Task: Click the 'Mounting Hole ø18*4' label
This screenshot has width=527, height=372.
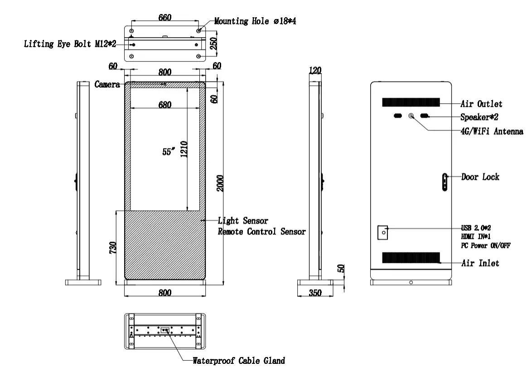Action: [255, 21]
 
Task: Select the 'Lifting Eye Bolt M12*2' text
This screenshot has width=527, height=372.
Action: [70, 44]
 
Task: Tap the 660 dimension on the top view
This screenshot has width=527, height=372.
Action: [164, 18]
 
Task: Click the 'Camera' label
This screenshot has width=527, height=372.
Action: [107, 84]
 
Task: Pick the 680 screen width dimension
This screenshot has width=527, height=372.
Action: [164, 105]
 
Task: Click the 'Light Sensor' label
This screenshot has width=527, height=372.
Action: [243, 221]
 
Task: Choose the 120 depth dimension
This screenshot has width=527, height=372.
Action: [314, 70]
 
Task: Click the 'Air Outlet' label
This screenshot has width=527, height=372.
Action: [481, 104]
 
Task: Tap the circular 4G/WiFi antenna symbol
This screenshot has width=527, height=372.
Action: [411, 116]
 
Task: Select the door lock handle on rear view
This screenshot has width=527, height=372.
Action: [445, 183]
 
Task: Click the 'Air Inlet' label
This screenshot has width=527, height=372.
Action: [480, 263]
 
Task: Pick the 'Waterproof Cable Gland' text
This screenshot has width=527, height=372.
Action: [239, 361]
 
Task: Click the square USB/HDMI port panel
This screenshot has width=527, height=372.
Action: [383, 232]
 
